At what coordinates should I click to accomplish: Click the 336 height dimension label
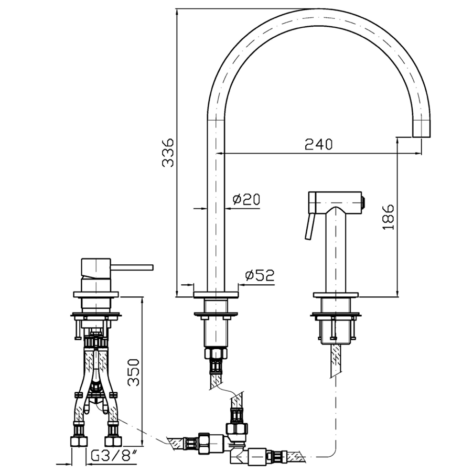(168, 153)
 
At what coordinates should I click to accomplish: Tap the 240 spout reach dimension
(318, 144)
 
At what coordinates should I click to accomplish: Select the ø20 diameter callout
(246, 199)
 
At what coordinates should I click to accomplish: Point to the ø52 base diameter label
(260, 275)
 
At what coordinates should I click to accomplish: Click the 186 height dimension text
(388, 217)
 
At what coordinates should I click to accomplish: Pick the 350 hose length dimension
(133, 372)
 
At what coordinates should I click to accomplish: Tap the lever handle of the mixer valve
(132, 267)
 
